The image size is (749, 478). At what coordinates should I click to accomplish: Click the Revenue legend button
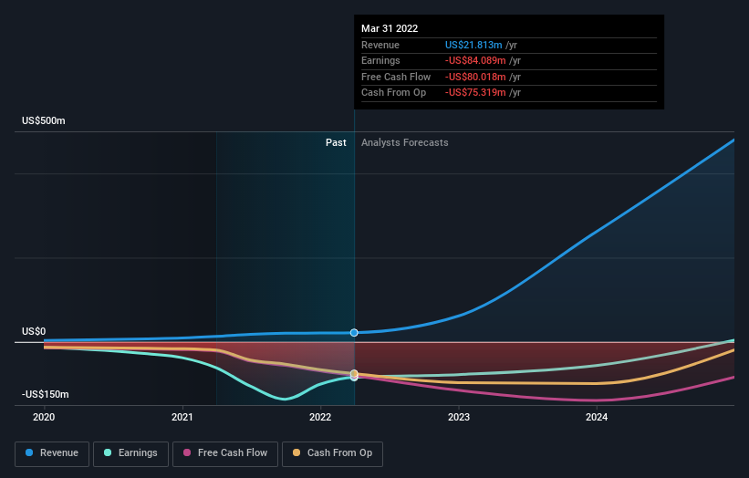pos(52,452)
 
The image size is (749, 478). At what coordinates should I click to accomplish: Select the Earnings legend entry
pos(131,452)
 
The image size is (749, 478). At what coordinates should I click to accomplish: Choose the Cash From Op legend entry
pos(332,452)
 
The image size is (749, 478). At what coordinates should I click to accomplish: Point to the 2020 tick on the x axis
pos(44,417)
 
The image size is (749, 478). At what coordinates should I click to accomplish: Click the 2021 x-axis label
pos(182,417)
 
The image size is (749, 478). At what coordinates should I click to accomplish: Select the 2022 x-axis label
pos(320,417)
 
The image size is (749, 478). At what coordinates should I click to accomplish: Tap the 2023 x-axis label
pos(458,417)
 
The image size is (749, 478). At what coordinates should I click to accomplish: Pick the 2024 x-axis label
pos(596,417)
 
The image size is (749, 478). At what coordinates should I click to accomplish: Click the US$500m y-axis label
pos(44,121)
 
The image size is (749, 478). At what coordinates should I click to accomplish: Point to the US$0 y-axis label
pos(34,332)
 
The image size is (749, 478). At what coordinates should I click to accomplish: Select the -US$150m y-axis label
pos(46,394)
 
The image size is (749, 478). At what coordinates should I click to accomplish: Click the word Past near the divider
pos(336,142)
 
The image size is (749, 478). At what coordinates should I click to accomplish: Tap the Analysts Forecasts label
pos(404,142)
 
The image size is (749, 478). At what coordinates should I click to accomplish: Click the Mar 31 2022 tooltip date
pos(390,28)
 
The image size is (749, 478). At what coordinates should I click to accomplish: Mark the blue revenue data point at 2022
pos(354,333)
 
